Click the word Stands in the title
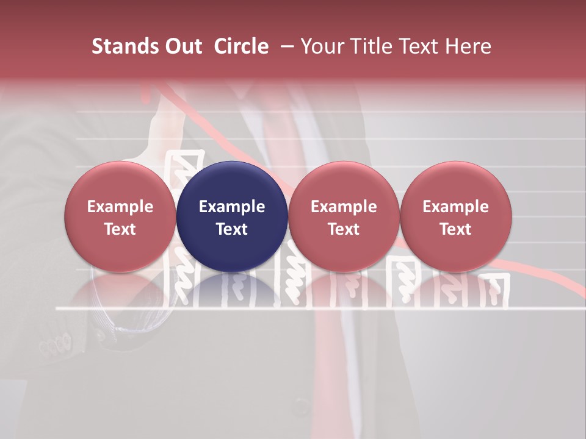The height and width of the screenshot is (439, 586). (x=125, y=47)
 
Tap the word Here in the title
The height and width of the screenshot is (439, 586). (x=469, y=47)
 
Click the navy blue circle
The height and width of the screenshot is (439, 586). (x=232, y=216)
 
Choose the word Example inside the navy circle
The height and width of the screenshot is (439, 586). (x=232, y=207)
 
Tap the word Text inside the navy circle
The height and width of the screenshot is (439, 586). (x=232, y=229)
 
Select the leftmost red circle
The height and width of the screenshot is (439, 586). (x=120, y=216)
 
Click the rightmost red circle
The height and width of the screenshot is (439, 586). (x=456, y=216)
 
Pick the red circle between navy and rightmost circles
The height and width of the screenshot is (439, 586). (x=344, y=216)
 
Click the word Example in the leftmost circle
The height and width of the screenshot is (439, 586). (x=120, y=207)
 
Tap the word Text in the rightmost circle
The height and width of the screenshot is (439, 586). (x=456, y=229)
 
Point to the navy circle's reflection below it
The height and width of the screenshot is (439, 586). (x=232, y=290)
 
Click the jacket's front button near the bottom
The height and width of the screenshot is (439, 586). (x=300, y=404)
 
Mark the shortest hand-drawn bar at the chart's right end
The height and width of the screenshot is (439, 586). (x=494, y=290)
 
